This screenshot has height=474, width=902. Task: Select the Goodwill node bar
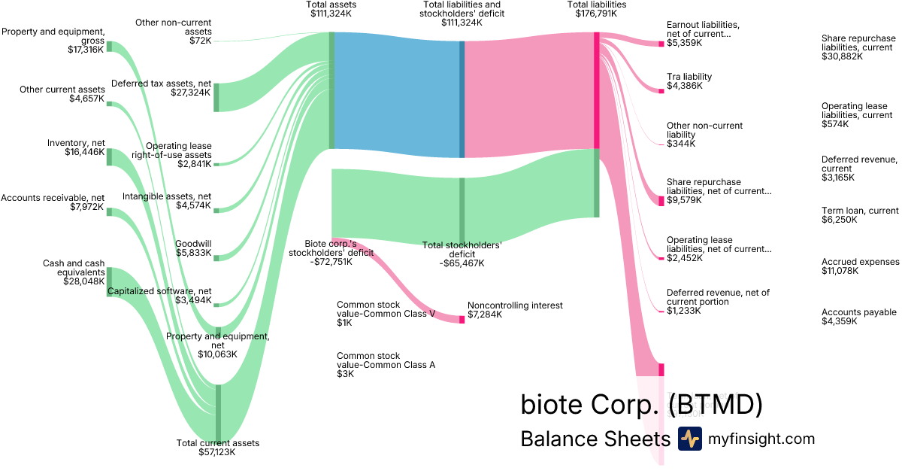coord(216,258)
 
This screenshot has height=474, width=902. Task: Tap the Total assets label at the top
coord(331,5)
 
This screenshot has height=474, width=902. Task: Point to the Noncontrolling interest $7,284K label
coord(515,310)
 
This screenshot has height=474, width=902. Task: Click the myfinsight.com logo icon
coord(689,439)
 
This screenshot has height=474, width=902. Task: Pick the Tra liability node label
coord(689,77)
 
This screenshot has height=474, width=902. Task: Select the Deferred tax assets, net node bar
coord(216,97)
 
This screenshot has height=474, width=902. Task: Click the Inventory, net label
coord(76,143)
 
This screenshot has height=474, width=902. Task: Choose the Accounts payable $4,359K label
coord(859,317)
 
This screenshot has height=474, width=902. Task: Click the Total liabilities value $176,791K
coord(596,14)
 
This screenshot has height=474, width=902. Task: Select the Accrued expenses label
coord(860,262)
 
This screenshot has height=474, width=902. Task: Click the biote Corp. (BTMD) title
coord(641,405)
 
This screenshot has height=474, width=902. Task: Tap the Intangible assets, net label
coord(167,196)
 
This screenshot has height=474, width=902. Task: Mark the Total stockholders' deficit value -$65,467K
coord(462,263)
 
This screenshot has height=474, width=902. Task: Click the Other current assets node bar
coord(109,103)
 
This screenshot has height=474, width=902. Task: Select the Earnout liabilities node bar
coord(661,44)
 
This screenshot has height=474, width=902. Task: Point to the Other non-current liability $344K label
coord(704,135)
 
